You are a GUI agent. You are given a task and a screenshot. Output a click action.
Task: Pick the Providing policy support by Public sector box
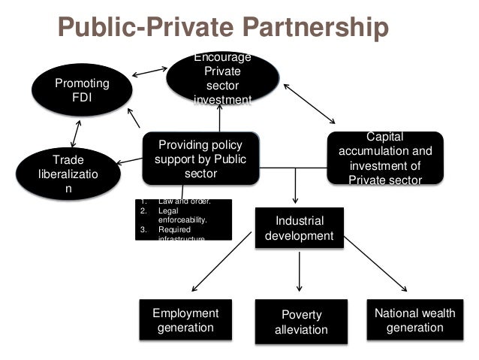coord(200,159)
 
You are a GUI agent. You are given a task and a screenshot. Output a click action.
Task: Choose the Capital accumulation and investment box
coord(385,159)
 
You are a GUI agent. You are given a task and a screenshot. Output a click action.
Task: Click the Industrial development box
coord(300,229)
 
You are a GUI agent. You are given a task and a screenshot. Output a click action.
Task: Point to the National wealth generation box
coord(414,320)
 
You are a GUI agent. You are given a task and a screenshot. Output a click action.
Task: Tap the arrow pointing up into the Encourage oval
coord(221,119)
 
